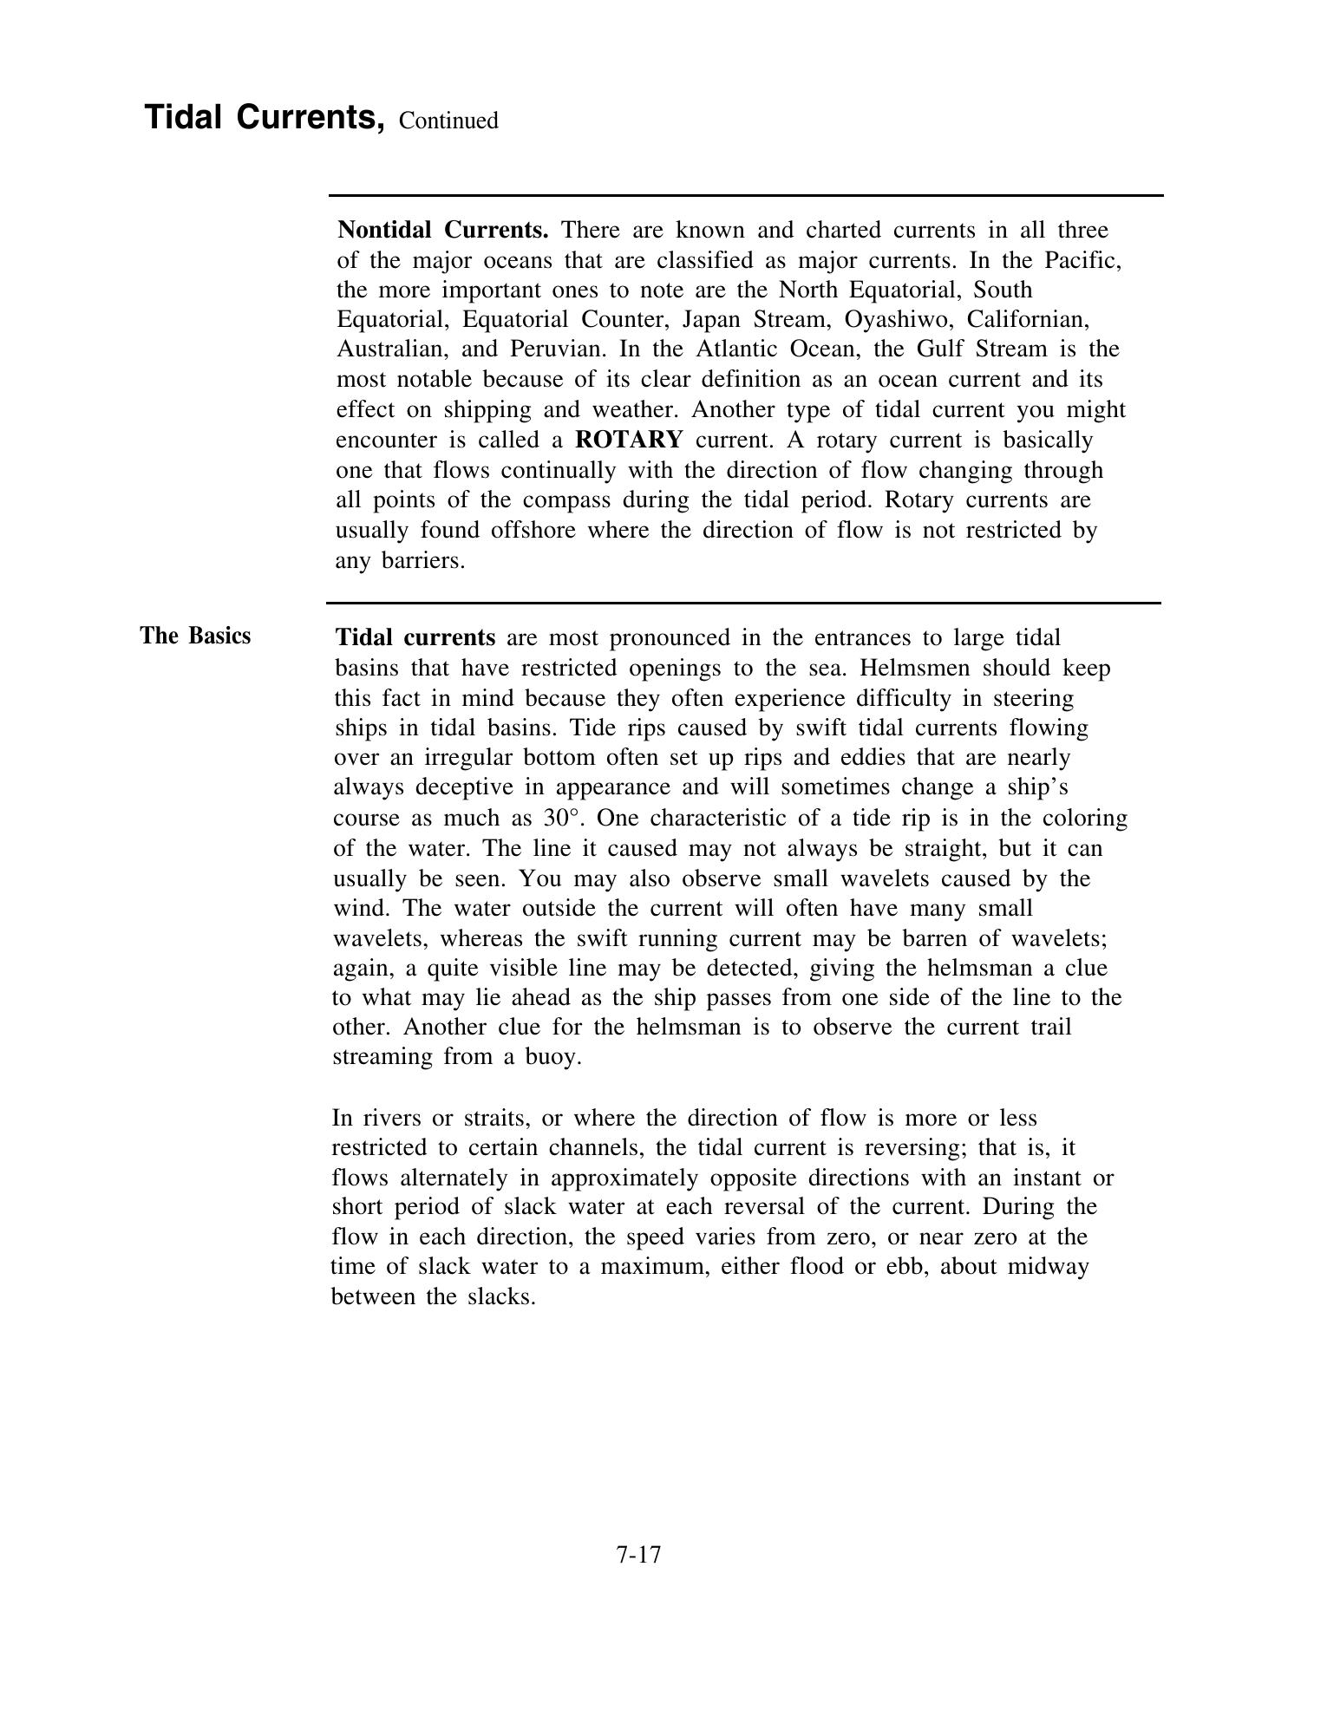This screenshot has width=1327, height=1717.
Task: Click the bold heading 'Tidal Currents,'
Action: (264, 117)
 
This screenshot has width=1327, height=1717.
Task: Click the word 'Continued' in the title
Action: (448, 121)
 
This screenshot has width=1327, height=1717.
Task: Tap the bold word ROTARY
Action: (629, 440)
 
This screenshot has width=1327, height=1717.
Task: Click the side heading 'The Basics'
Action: (195, 636)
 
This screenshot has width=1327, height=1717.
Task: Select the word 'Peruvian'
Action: (555, 349)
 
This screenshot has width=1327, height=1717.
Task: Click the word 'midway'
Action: (1048, 1267)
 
